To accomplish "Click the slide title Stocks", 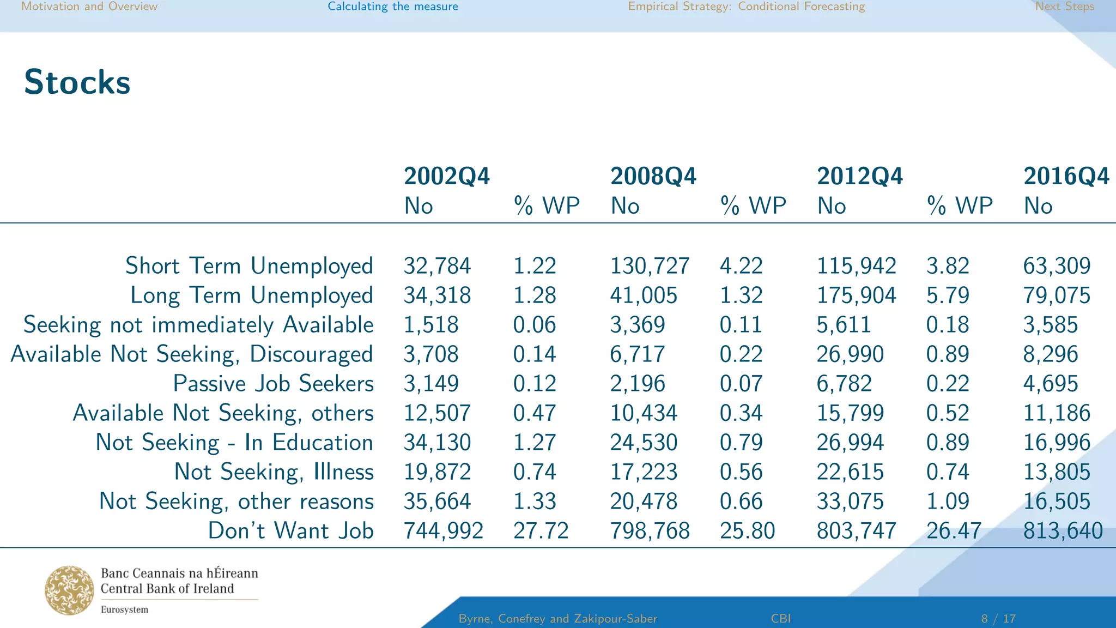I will point(77,82).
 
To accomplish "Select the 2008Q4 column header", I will point(653,176).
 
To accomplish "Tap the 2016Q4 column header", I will point(1066,176).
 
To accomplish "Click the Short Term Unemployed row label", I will point(249,266).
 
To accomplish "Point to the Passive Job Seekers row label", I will point(273,384).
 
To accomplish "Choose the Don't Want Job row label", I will point(290,531).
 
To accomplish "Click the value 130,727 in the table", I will point(650,266).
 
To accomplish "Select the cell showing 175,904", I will point(856,295).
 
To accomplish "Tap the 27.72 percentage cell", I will point(541,531).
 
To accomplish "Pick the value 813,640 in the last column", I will point(1063,531).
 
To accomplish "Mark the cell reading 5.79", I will point(948,295).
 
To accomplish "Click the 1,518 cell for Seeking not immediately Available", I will point(431,325).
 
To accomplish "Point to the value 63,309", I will point(1057,266).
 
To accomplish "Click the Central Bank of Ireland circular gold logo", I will point(69,590).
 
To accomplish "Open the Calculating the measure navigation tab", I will point(392,7).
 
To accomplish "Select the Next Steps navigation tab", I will point(1064,7).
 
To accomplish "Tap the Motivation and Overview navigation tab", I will point(89,7).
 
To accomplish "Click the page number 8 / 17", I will point(998,619).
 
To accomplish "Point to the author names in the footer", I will point(557,619).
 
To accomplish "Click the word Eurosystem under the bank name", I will point(124,609).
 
